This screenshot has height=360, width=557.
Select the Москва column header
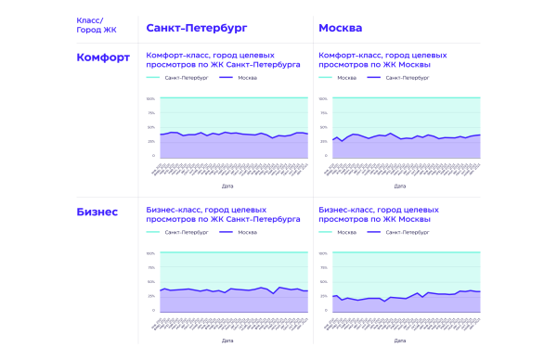point(342,27)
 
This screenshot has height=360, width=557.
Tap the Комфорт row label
point(102,58)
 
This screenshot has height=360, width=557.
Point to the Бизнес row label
point(97,212)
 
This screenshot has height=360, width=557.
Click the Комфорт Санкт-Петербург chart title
point(223,61)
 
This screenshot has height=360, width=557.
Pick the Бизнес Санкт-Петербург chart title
point(223,215)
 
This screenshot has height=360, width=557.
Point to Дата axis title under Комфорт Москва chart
point(399,186)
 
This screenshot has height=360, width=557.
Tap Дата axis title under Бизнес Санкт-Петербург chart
point(227,341)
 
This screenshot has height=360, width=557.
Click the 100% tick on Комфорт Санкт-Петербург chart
point(150,98)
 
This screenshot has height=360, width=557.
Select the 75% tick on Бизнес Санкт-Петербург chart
point(150,267)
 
